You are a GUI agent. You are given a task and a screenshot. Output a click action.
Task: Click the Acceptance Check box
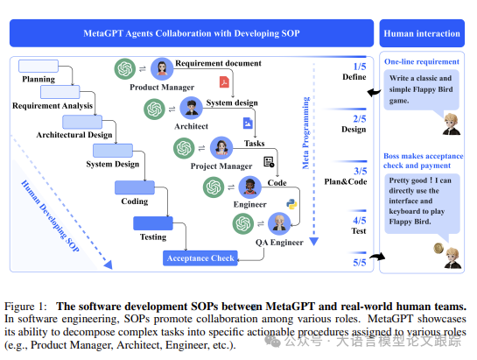[200, 258]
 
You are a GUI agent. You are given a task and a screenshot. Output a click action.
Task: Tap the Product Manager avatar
[162, 68]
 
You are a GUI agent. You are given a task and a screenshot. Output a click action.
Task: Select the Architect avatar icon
[191, 108]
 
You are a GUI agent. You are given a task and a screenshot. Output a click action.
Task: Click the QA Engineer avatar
[279, 223]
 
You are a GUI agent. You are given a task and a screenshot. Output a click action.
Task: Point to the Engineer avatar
[249, 187]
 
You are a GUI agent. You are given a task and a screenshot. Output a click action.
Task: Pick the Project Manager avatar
[221, 148]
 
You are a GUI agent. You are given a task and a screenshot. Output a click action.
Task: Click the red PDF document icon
[224, 82]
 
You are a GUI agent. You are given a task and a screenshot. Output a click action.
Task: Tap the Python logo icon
[291, 204]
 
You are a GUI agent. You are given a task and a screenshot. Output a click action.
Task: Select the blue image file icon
[248, 123]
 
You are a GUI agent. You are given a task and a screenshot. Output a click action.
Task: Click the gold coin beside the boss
[438, 248]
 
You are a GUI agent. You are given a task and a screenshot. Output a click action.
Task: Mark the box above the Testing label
[153, 223]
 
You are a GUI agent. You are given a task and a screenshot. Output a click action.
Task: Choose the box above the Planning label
[39, 66]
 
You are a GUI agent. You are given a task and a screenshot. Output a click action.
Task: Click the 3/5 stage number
[360, 171]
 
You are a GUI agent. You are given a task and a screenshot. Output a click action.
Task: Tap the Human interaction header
[422, 33]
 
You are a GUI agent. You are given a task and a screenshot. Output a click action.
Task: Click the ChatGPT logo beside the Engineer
[214, 187]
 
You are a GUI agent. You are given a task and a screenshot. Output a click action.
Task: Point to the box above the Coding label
[135, 187]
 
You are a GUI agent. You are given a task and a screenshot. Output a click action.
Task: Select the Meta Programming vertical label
[305, 133]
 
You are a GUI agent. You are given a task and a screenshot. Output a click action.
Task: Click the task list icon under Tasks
[269, 162]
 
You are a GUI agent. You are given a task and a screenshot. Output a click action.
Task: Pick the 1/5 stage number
[360, 67]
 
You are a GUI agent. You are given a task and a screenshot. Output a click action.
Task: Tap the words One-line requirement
[422, 61]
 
